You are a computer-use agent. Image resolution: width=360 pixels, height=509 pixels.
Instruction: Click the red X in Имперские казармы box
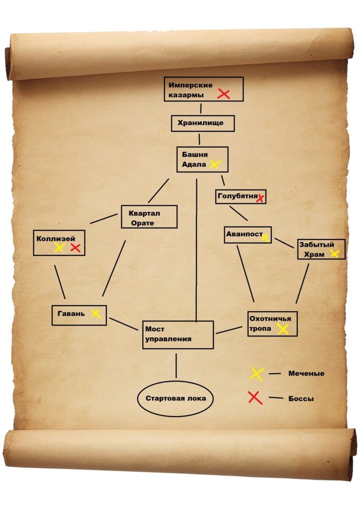tap(223, 94)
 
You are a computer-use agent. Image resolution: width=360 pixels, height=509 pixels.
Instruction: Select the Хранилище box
tap(203, 123)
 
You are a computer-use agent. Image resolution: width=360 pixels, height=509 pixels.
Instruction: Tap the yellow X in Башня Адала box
tap(215, 164)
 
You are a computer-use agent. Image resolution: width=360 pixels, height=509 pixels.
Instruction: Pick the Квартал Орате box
tap(149, 217)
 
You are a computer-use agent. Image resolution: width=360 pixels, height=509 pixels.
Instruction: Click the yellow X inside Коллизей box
tap(59, 248)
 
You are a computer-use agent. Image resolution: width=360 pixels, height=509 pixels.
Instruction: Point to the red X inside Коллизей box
tap(75, 248)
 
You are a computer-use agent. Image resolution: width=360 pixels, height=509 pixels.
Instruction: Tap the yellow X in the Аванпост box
tap(265, 238)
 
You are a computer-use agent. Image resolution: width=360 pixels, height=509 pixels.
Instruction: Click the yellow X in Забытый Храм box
tap(335, 254)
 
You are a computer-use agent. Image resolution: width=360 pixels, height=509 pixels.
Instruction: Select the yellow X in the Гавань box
tap(96, 314)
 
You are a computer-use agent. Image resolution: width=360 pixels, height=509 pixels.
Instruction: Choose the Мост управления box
tap(178, 335)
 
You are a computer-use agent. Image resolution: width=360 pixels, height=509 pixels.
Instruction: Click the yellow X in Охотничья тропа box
tap(283, 329)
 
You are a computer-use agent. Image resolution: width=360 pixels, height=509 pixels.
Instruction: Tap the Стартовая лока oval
tap(176, 399)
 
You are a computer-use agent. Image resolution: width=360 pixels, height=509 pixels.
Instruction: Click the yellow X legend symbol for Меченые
tap(257, 374)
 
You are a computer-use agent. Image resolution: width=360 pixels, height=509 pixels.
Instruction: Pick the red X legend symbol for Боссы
tap(255, 398)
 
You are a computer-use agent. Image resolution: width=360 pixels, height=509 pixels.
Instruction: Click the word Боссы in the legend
tap(301, 399)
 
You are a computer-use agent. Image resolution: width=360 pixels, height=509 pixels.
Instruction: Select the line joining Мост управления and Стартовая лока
tap(176, 366)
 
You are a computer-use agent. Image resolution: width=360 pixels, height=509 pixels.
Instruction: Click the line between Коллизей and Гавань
tap(60, 282)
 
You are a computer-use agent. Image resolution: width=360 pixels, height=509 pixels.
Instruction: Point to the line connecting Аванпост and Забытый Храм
tap(284, 243)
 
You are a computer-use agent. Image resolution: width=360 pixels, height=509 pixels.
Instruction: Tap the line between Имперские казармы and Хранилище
tap(201, 108)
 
